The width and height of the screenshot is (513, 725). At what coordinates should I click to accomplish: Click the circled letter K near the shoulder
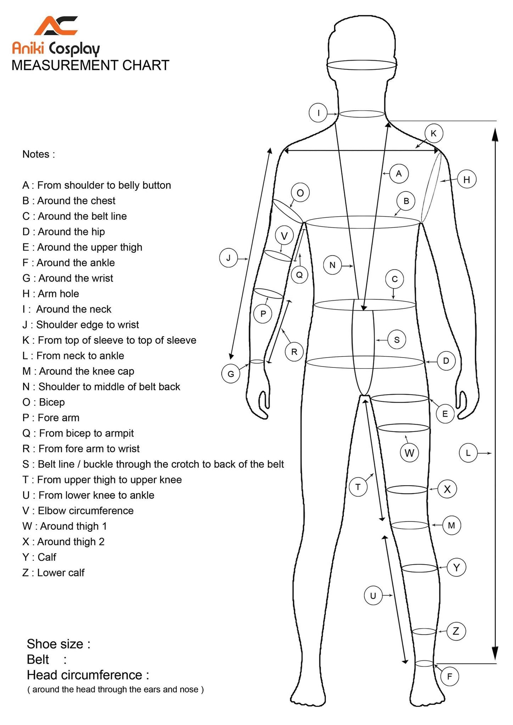[433, 133]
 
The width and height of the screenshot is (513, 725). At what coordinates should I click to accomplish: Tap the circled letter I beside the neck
[318, 113]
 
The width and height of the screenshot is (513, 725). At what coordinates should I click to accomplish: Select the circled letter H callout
[466, 179]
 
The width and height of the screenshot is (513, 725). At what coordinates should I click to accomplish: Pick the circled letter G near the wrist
[231, 374]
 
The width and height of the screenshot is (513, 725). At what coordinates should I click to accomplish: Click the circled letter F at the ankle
[449, 676]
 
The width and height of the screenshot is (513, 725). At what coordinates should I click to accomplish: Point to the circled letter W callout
[409, 453]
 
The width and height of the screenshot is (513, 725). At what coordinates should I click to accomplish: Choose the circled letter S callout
[397, 340]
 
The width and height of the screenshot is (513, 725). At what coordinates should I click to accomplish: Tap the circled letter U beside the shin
[373, 596]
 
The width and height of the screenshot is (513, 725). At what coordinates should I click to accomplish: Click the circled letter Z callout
[456, 631]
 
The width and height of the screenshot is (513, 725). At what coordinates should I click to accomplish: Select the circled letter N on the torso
[332, 265]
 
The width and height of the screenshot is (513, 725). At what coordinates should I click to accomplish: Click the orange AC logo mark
[56, 26]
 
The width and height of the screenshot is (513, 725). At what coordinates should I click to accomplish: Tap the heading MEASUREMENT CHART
[90, 65]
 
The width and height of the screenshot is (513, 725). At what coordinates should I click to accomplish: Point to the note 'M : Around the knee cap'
[78, 371]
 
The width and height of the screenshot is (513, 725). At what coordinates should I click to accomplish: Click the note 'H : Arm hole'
[51, 294]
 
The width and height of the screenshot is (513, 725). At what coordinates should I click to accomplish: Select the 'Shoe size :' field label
[59, 644]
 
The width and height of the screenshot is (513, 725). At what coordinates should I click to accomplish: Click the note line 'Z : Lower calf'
[53, 572]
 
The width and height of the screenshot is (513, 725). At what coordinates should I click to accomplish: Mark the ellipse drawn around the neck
[362, 114]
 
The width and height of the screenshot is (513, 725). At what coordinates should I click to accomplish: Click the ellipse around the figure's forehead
[361, 65]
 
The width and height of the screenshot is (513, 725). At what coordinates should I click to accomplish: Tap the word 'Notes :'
[39, 154]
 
